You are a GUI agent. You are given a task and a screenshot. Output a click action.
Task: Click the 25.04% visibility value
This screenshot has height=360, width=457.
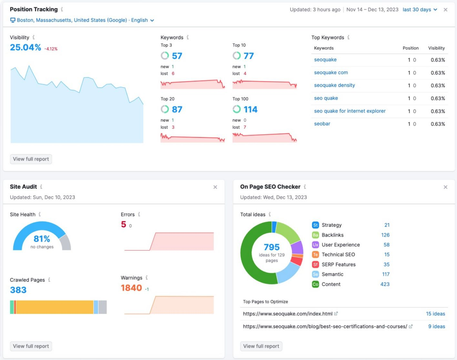coord(25,48)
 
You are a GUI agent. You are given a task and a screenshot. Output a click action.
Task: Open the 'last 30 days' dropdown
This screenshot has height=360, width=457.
coord(420,10)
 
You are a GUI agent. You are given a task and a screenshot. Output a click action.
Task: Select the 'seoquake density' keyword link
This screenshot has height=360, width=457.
coord(334,85)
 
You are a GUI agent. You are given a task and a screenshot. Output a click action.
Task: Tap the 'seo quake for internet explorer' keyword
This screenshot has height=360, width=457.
coord(350,111)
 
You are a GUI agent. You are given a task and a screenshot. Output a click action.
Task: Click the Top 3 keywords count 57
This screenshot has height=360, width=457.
coord(177,56)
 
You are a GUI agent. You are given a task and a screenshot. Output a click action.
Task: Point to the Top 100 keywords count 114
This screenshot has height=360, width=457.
coord(250,110)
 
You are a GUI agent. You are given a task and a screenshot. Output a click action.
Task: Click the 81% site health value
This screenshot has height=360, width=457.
coord(42,239)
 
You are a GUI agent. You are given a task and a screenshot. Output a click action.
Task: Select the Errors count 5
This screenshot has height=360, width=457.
coord(124,224)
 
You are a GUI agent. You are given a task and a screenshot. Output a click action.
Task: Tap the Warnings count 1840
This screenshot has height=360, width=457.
coord(131,288)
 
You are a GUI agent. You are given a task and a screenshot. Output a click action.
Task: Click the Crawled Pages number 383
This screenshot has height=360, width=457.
coord(18,290)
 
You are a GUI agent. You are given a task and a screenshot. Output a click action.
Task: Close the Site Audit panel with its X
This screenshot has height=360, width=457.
coord(215,187)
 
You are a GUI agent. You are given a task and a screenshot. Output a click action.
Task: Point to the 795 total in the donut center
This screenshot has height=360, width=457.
coord(272,247)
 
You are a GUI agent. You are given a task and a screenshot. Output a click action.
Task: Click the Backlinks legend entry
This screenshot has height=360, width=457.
coord(332,235)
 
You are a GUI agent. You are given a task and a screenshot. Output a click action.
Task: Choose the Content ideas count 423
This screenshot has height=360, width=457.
coord(385,284)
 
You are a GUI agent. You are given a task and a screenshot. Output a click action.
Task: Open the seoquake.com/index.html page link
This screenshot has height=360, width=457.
coord(288,314)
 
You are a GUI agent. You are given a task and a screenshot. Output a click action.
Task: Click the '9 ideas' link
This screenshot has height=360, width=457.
coord(436,326)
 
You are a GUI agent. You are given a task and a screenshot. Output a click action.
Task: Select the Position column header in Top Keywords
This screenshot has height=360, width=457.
coord(411,48)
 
